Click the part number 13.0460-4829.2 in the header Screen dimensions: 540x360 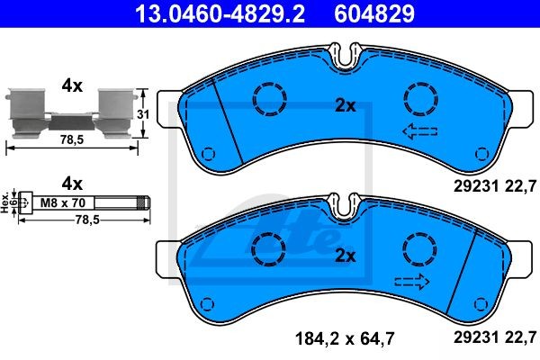pos(220,13)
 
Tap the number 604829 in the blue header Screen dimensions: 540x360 pos(374,13)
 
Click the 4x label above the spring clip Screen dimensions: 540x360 pos(72,85)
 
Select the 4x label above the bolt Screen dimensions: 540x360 pos(72,184)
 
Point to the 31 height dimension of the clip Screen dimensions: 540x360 pos(143,114)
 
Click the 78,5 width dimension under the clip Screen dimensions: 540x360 pos(72,139)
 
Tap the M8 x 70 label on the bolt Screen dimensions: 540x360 pos(63,202)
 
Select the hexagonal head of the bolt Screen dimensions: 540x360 pos(25,203)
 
